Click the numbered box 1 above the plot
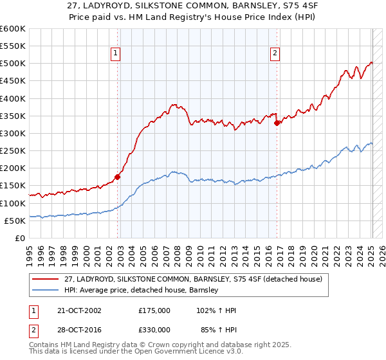point(115,54)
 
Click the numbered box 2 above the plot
point(275,54)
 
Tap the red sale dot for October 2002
point(118,177)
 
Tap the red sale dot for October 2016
point(277,123)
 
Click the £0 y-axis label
point(19,238)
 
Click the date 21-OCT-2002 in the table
point(76,310)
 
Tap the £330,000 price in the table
point(154,330)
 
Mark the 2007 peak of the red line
point(174,104)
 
